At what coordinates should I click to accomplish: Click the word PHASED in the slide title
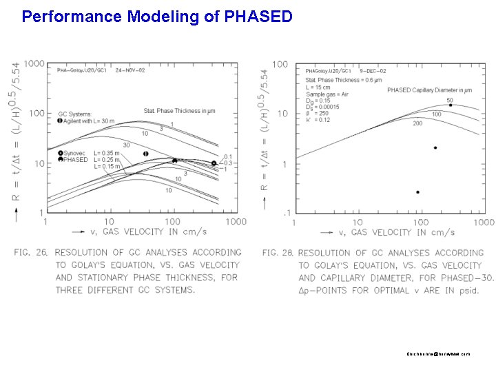258,16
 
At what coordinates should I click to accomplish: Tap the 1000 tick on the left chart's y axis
35,64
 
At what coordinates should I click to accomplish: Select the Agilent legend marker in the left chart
60,121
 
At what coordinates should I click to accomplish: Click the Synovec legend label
76,153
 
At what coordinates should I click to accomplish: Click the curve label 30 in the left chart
125,145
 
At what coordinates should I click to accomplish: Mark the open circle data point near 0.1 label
214,163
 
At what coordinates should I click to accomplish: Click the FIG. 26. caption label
31,253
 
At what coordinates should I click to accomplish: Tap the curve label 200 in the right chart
417,123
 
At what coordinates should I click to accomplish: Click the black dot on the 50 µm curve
451,105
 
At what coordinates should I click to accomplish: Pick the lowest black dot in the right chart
417,192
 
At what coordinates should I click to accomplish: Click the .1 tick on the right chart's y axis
285,212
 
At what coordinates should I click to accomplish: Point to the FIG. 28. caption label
278,253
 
